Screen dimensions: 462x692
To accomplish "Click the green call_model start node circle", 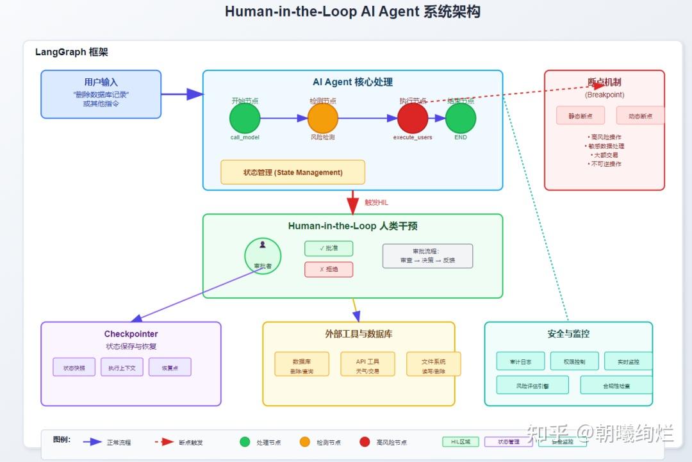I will (x=245, y=119).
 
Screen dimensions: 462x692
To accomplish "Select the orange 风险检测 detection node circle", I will (x=322, y=119).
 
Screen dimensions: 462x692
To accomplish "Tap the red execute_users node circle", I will (x=413, y=119).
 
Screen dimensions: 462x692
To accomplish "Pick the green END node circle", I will (x=461, y=119).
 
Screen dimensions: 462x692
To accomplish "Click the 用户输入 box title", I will (x=101, y=82).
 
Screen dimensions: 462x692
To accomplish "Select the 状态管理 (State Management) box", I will (x=293, y=172).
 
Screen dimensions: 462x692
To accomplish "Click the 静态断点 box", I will (x=581, y=116).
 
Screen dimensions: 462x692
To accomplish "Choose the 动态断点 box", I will (x=639, y=116).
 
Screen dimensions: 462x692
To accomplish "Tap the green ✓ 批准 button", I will (x=329, y=248).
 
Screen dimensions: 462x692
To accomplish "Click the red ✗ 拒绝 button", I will (x=329, y=269).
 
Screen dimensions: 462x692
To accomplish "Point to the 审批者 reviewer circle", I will (x=263, y=256).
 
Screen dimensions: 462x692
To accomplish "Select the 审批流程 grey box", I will (x=427, y=256).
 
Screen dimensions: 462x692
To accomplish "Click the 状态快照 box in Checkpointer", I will (x=74, y=367).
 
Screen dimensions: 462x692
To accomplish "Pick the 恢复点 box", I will (x=170, y=367).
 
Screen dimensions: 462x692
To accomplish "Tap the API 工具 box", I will (x=368, y=364).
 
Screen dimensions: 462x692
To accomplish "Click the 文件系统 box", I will (x=433, y=364).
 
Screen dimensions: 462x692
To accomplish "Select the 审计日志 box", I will (x=520, y=361).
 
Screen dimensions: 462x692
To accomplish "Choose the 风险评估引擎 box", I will (x=532, y=385).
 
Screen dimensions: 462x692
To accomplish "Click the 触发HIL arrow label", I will (x=376, y=202).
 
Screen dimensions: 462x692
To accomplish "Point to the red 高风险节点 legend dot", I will (x=365, y=441).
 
